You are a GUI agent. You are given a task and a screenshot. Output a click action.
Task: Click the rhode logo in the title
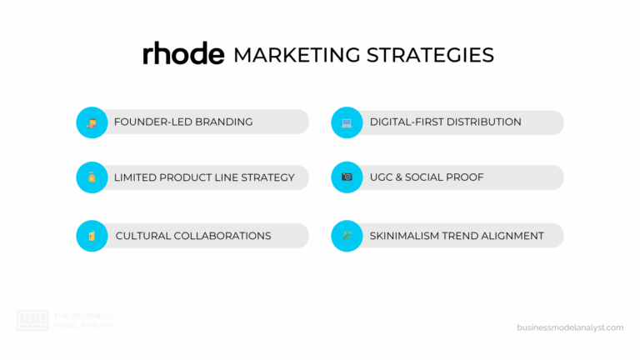tap(183, 54)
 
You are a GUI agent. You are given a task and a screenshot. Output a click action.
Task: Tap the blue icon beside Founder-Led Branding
tap(92, 122)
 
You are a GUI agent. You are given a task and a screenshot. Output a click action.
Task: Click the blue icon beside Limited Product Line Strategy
tap(92, 177)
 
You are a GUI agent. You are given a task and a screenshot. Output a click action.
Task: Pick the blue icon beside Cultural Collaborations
tap(92, 236)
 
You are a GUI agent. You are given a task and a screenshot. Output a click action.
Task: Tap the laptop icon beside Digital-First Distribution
tap(347, 122)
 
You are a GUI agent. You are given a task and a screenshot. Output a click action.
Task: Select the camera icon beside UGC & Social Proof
tap(347, 177)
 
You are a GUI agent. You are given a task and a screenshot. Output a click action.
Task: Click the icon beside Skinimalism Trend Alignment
tap(347, 236)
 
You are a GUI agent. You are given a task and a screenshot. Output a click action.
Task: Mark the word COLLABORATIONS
tap(222, 236)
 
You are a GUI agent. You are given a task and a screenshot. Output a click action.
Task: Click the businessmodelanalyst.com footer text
tap(570, 327)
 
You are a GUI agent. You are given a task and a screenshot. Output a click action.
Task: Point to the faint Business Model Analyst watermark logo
tap(32, 321)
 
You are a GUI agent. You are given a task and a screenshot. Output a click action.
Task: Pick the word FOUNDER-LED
tap(149, 122)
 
